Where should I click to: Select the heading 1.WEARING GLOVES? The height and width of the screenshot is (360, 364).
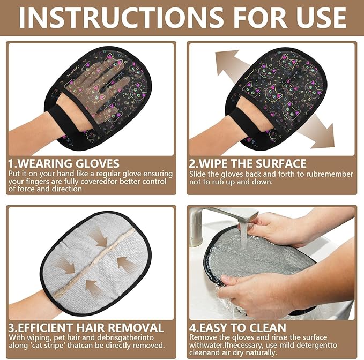click(x=64, y=163)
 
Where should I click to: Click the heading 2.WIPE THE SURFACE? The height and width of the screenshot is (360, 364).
click(x=248, y=163)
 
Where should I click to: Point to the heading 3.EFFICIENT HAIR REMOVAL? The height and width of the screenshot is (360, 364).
click(x=86, y=327)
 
